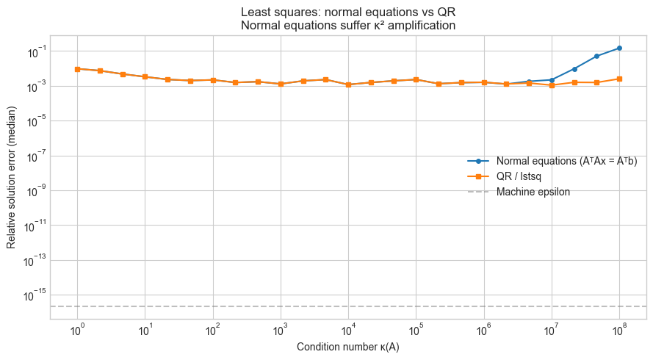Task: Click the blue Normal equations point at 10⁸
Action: point(619,48)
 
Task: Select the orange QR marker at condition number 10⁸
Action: point(619,79)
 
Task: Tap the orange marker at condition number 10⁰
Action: point(77,69)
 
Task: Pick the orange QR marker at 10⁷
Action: point(552,85)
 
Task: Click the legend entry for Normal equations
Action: point(566,161)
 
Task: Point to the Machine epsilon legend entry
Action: point(533,192)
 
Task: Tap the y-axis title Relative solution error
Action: point(12,177)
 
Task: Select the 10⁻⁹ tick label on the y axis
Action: point(32,190)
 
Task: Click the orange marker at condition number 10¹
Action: point(145,76)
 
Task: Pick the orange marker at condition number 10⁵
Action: point(416,79)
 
